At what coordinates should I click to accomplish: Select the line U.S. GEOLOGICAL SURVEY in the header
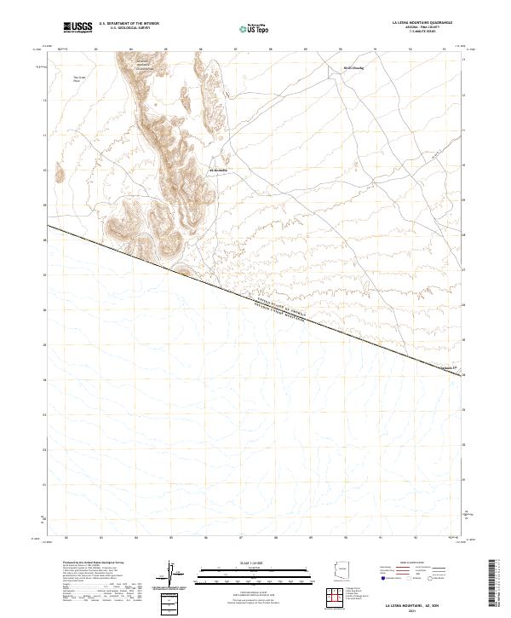click(x=129, y=29)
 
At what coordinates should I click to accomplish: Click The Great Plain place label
click(x=79, y=79)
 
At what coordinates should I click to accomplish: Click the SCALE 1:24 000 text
click(x=243, y=563)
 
